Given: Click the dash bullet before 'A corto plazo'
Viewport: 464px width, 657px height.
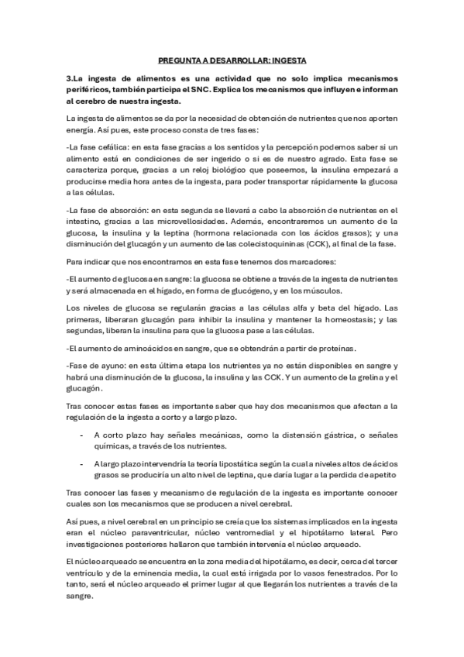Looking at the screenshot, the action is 82,435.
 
